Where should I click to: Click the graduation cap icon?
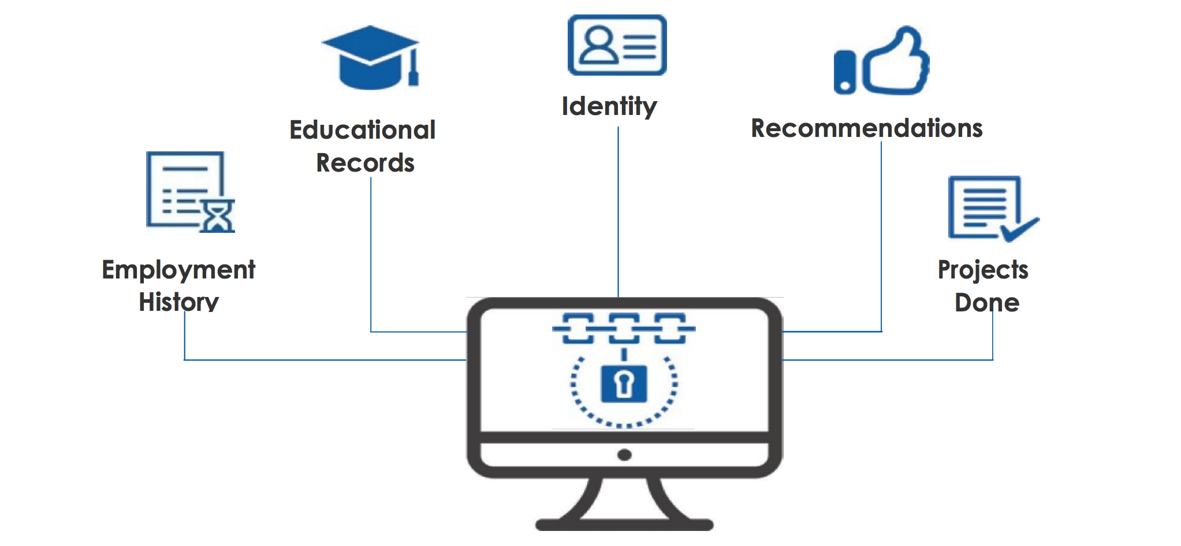[x=371, y=58]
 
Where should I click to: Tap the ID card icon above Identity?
[x=617, y=45]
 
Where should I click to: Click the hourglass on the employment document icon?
[x=218, y=216]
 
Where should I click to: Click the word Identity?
[x=609, y=106]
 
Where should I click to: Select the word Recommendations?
[x=866, y=128]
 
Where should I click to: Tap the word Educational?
[x=362, y=130]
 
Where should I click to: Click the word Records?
[x=365, y=163]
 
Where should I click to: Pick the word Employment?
[x=178, y=270]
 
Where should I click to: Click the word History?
[x=178, y=302]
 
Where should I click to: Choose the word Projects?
[x=982, y=270]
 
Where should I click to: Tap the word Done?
[x=987, y=303]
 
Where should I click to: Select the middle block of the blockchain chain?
[x=624, y=328]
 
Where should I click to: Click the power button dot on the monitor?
[x=624, y=455]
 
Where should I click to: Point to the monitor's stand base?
[x=624, y=524]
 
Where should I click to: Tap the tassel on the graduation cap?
[x=413, y=72]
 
